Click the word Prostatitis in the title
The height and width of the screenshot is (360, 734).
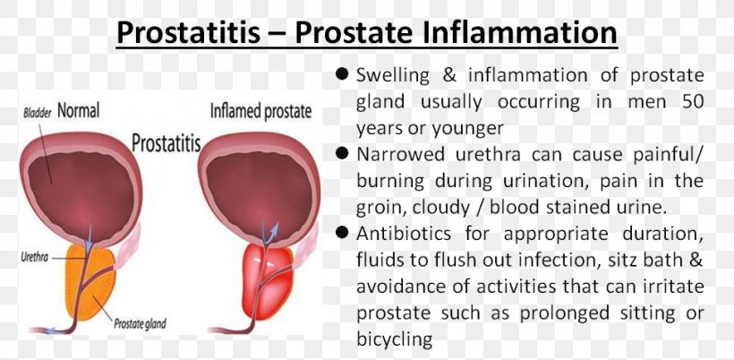point(188,33)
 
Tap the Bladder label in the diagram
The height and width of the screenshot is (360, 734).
point(37,114)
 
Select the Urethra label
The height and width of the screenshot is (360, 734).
point(35,257)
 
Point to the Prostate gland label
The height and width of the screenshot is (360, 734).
point(140,323)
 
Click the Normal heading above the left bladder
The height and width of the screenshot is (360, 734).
point(79,111)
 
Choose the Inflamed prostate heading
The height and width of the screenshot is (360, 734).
point(260,111)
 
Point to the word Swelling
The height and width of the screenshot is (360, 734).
point(393,76)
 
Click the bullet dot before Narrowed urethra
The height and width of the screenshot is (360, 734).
point(342,153)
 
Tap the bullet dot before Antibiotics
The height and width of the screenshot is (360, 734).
point(342,233)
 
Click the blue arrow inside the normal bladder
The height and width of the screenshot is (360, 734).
point(90,234)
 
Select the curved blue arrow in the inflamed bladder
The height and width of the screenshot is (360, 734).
point(269,234)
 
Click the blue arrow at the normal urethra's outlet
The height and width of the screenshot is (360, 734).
point(53,331)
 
